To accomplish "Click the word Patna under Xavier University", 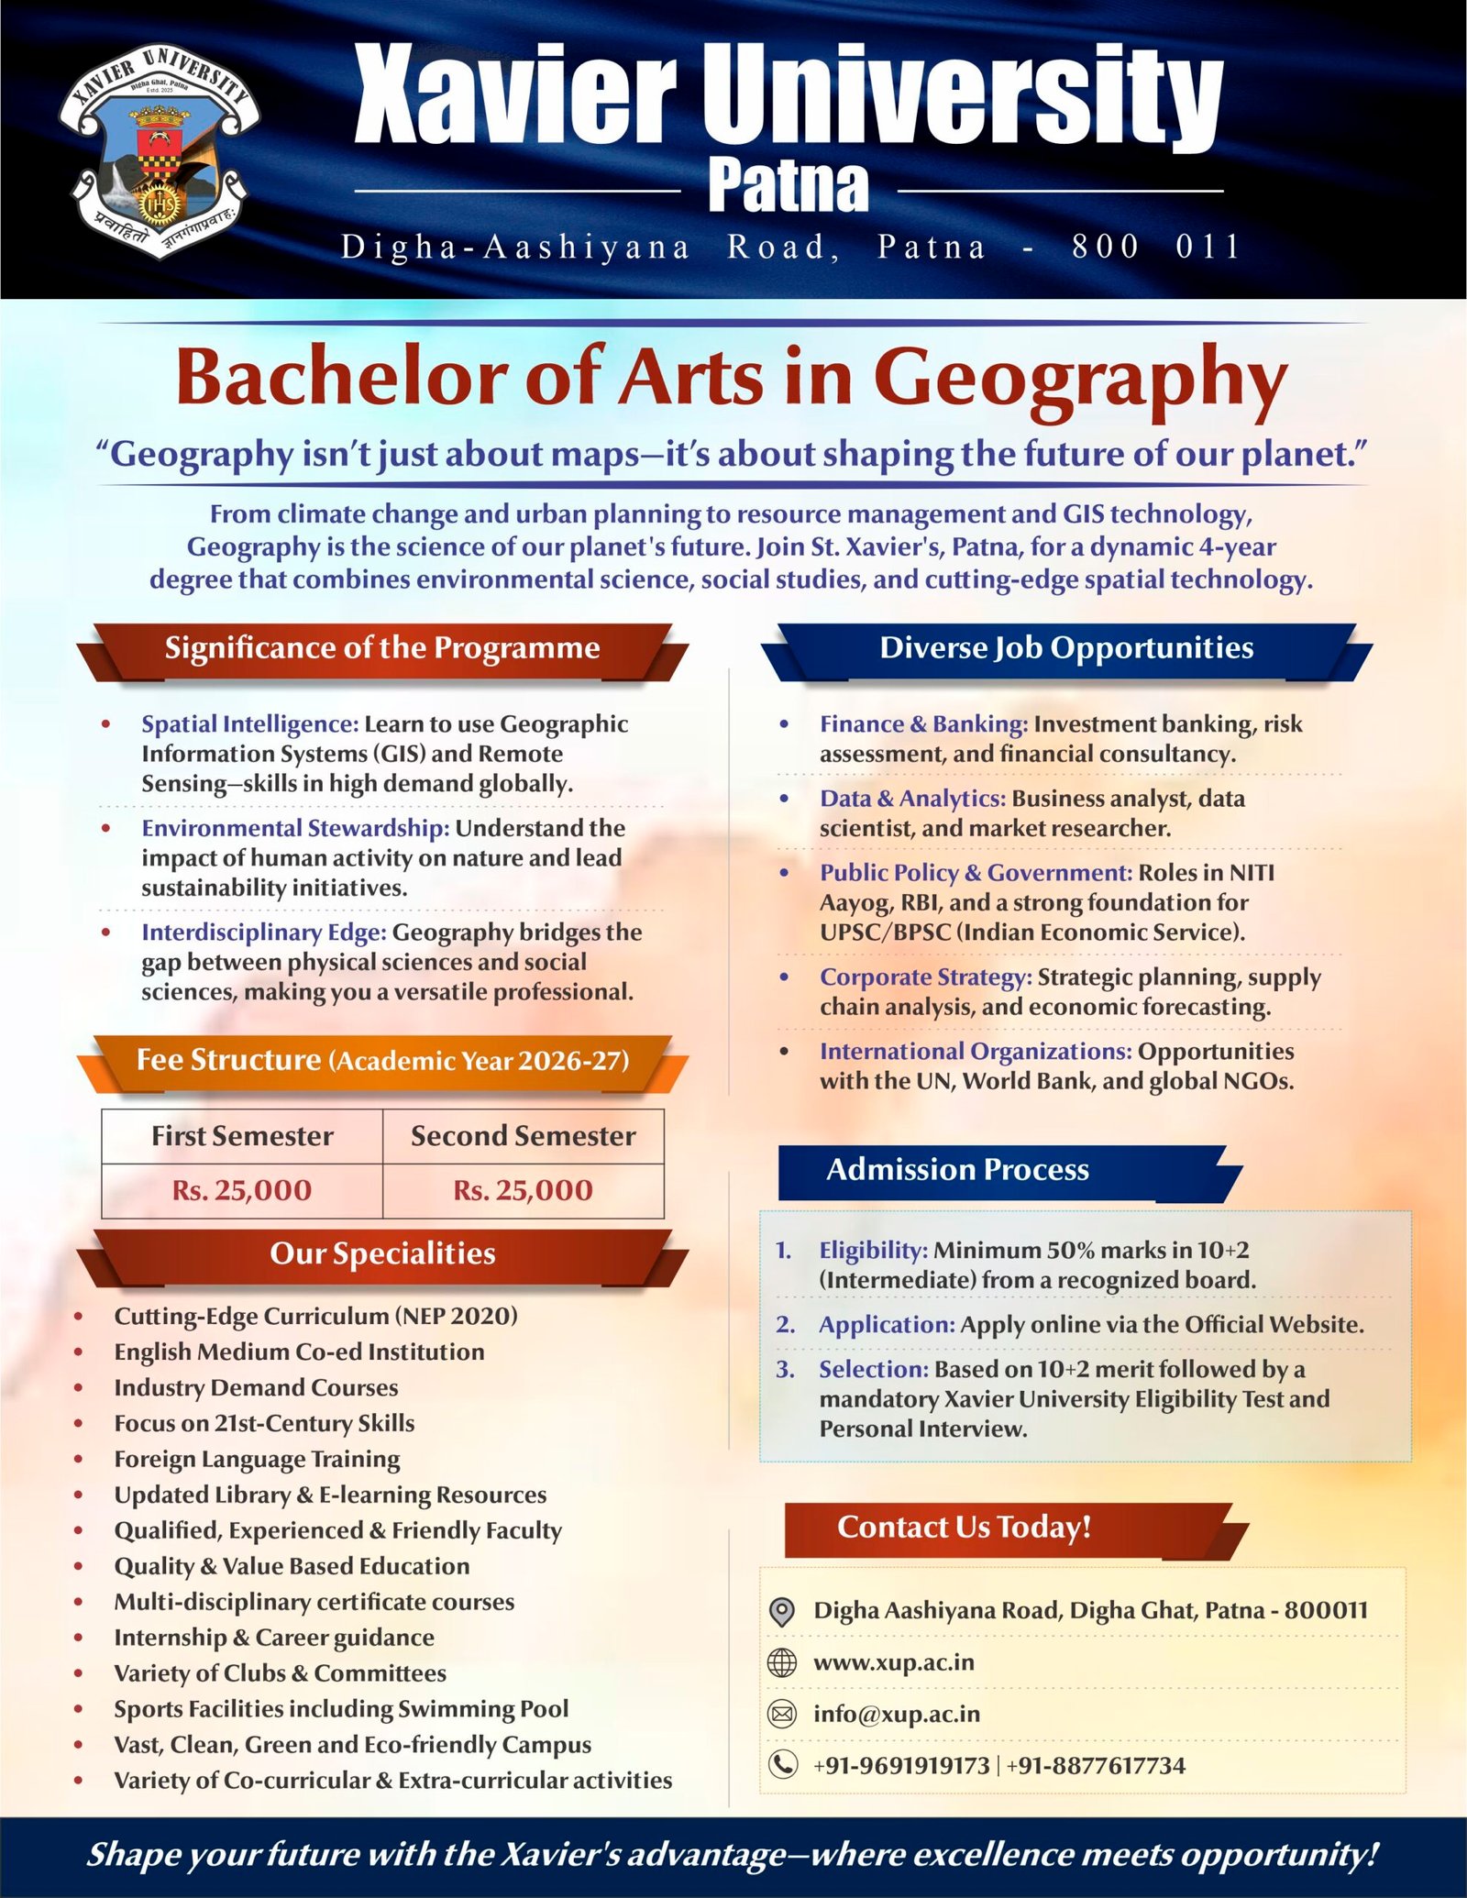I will tap(788, 187).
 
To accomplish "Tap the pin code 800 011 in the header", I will tap(1156, 247).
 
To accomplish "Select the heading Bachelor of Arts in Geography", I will tap(732, 378).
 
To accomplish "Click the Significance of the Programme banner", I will tap(382, 648).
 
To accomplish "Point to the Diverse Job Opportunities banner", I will tap(1066, 648).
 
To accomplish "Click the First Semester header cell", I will tap(242, 1136).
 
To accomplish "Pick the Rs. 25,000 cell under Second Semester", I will tap(523, 1190).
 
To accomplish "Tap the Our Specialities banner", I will tap(382, 1253).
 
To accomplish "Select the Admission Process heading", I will tap(957, 1170).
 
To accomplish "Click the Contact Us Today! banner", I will tap(964, 1527).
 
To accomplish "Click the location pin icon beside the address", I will tap(781, 1611).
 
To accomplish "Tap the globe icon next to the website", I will tap(781, 1662).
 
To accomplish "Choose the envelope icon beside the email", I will tap(781, 1714).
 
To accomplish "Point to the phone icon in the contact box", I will tap(781, 1765).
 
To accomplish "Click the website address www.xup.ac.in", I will tap(894, 1662).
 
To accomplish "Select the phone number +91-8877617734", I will tap(1096, 1765).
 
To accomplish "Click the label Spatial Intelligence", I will tap(249, 724).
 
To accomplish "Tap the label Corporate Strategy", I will tap(926, 977).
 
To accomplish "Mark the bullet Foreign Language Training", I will tap(257, 1459).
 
